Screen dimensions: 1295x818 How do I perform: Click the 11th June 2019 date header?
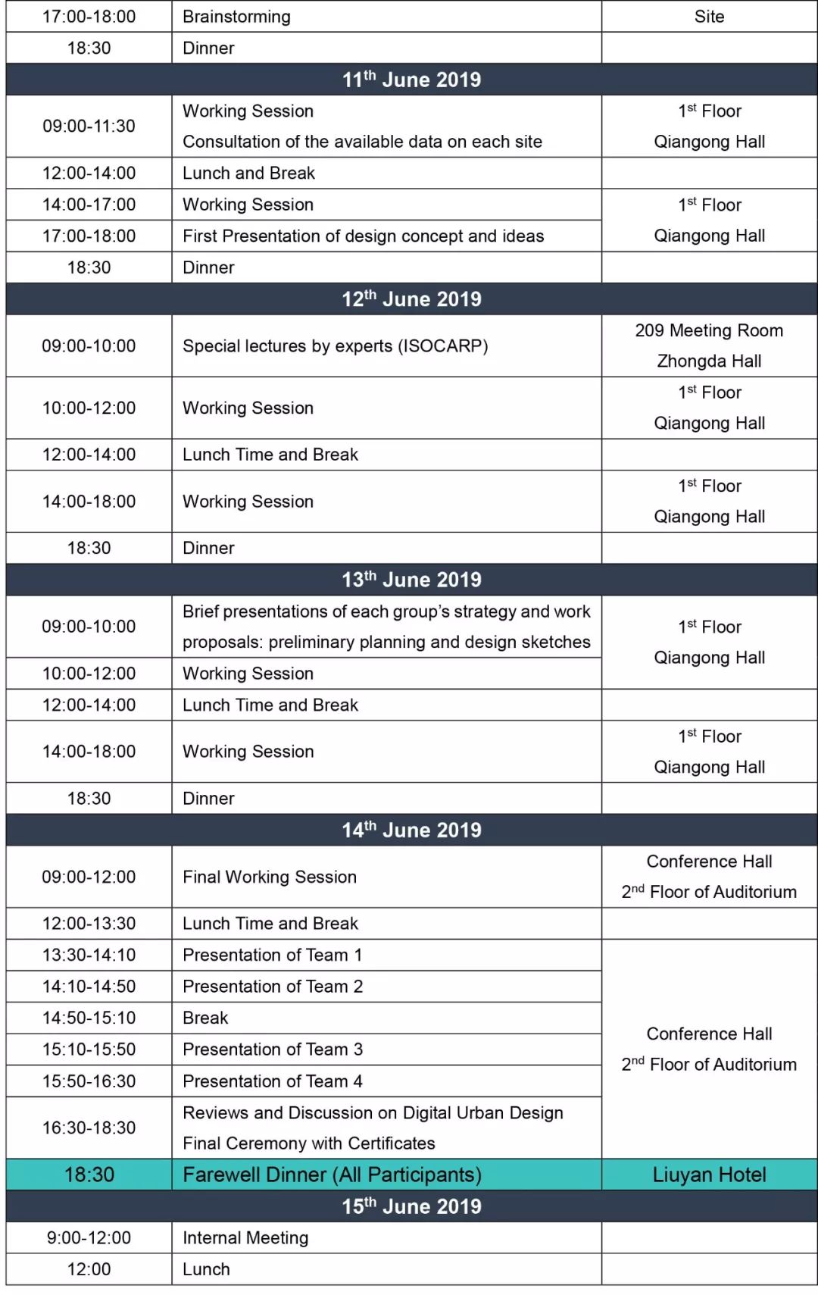click(411, 80)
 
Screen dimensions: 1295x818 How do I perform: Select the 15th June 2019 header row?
click(411, 1206)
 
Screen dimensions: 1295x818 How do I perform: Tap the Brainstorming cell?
click(236, 17)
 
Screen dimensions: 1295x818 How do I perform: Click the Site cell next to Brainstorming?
click(709, 17)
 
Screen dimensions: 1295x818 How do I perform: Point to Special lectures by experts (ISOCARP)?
click(335, 346)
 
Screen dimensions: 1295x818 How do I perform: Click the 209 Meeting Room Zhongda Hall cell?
click(709, 346)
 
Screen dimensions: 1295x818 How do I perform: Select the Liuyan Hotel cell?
click(709, 1175)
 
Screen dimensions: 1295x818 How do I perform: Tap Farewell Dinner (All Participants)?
click(332, 1175)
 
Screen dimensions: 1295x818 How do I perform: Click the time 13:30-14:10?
click(89, 955)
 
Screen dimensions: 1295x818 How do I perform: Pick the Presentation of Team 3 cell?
click(273, 1049)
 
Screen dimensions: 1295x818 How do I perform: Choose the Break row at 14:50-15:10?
click(205, 1018)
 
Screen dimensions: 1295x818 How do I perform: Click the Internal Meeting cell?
click(245, 1238)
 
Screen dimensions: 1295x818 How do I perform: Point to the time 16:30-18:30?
click(89, 1128)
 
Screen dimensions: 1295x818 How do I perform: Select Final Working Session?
click(270, 877)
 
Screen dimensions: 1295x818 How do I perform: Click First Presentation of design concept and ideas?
click(363, 236)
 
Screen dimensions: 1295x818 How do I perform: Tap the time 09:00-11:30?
click(89, 126)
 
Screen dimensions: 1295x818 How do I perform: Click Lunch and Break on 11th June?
click(248, 174)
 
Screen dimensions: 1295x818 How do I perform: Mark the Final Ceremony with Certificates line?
click(309, 1143)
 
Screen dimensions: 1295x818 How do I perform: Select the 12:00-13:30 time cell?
click(89, 924)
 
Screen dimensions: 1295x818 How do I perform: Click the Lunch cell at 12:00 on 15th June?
click(206, 1269)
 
